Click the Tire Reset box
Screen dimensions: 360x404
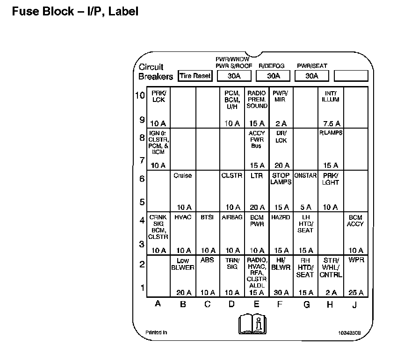point(195,76)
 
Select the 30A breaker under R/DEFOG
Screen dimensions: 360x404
point(274,76)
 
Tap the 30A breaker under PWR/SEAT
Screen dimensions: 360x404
point(312,76)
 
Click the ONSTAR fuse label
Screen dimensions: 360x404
point(306,176)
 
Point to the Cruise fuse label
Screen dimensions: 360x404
point(182,176)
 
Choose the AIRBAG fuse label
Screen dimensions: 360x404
point(232,217)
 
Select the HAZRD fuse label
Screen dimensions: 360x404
point(281,217)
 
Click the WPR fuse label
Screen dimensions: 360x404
point(356,259)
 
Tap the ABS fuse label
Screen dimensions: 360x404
point(207,259)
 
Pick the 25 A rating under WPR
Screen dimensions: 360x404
point(356,293)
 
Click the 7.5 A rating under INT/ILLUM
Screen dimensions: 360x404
point(331,123)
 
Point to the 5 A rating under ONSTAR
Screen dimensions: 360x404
point(305,207)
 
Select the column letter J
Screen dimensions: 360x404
point(355,304)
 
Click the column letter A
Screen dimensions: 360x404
point(158,304)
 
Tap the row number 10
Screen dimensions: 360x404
point(140,95)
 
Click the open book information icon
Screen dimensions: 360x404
point(252,323)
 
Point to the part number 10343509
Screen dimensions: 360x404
point(349,333)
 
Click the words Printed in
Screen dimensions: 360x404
point(156,332)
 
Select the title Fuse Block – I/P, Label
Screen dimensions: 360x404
point(75,11)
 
